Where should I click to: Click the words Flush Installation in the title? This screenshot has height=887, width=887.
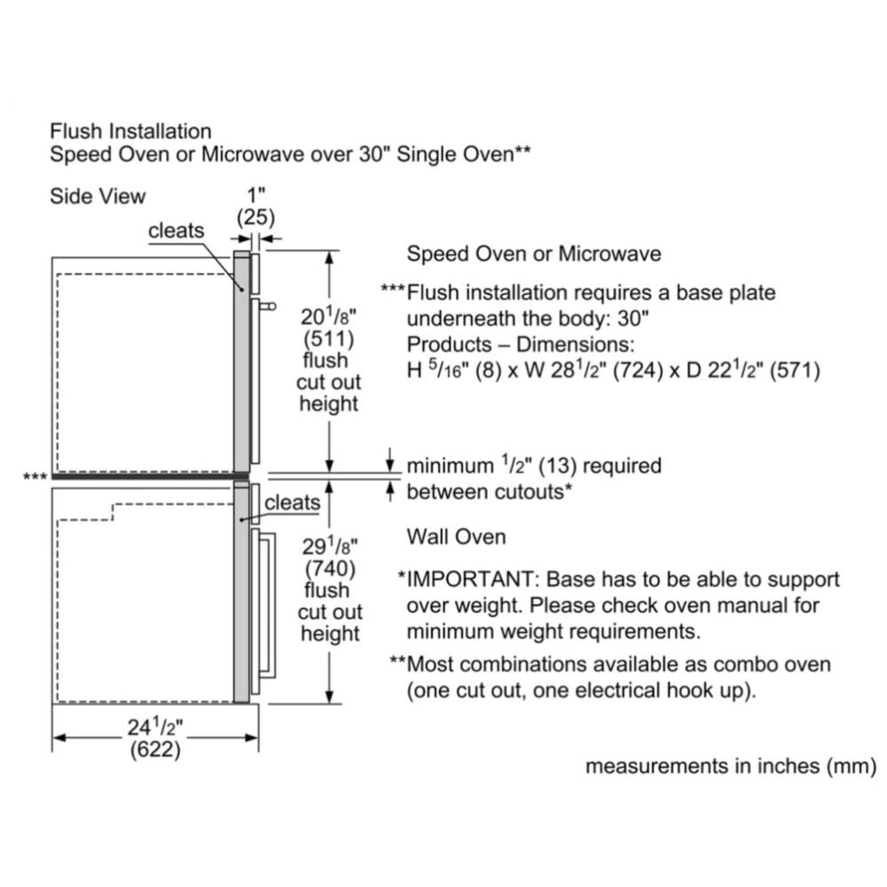click(130, 132)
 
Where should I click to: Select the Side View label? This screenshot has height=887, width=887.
click(98, 196)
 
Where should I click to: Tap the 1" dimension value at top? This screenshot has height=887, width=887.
click(255, 194)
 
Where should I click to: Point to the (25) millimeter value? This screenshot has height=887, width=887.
click(255, 216)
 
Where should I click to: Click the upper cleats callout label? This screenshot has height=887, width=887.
click(176, 231)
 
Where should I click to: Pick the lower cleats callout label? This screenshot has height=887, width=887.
click(293, 503)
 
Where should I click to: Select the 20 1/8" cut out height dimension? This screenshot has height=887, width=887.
click(328, 317)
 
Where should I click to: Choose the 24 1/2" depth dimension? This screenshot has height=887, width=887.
click(156, 728)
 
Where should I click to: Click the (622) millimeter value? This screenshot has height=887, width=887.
click(156, 750)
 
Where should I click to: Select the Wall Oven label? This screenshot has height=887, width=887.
click(456, 537)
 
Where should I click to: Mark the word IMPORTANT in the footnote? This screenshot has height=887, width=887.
click(471, 580)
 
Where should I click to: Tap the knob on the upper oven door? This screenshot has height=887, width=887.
click(269, 307)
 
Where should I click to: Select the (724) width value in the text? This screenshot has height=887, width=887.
click(621, 370)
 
